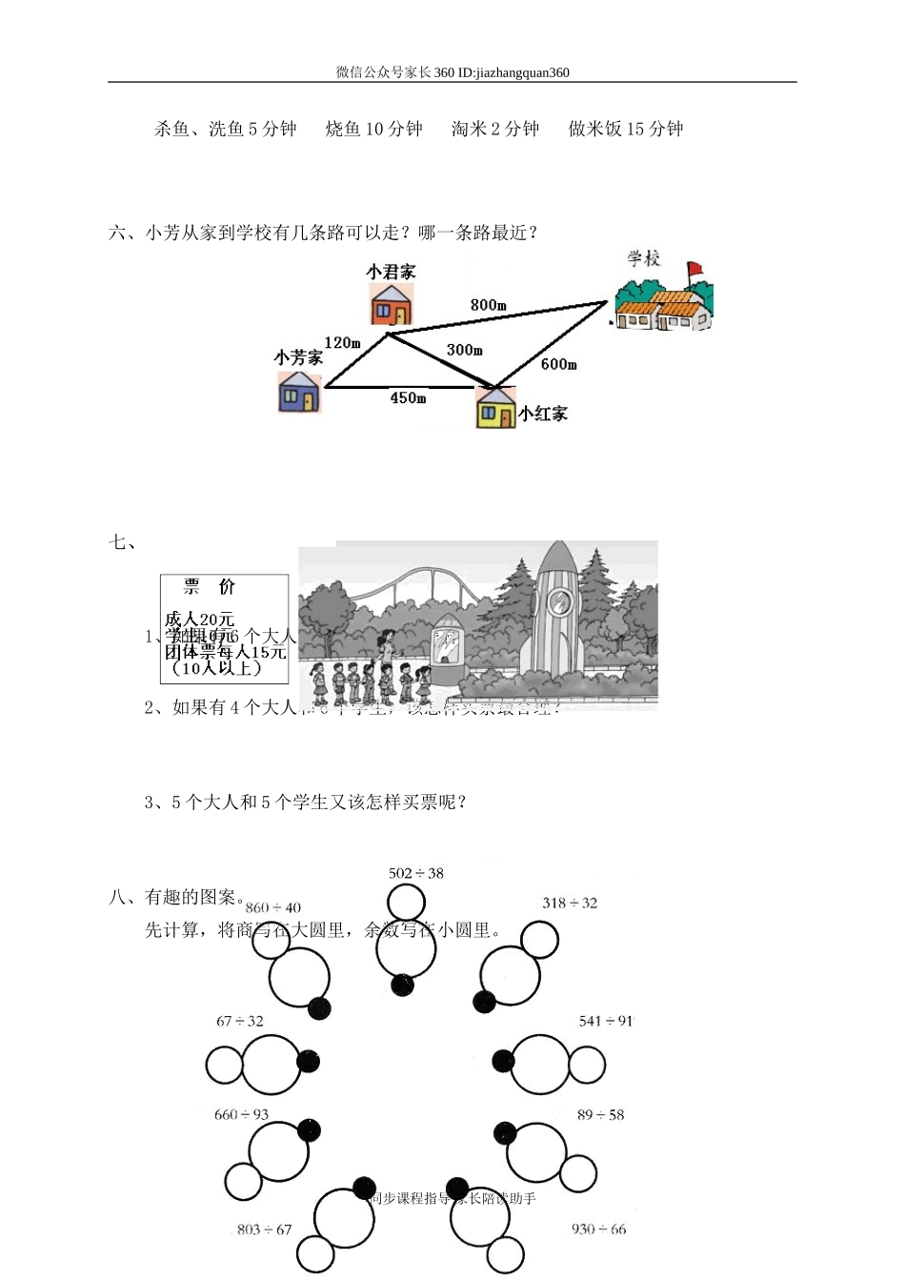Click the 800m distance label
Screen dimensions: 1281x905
488,305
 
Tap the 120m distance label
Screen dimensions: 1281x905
342,342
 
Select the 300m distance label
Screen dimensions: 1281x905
465,350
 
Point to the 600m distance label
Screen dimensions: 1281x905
559,364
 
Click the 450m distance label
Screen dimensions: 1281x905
408,397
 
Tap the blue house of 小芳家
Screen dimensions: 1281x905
299,392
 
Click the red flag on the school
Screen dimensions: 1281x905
694,269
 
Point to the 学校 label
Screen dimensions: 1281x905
644,258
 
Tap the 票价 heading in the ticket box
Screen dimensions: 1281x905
209,587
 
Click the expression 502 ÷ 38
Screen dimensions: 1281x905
416,873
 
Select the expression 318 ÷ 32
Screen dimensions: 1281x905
570,903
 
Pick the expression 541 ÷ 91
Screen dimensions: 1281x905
606,1021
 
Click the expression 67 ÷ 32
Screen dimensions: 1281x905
240,1021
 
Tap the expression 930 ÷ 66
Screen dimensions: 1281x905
599,1229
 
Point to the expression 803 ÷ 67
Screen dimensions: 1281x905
265,1229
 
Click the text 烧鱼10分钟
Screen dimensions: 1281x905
373,129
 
